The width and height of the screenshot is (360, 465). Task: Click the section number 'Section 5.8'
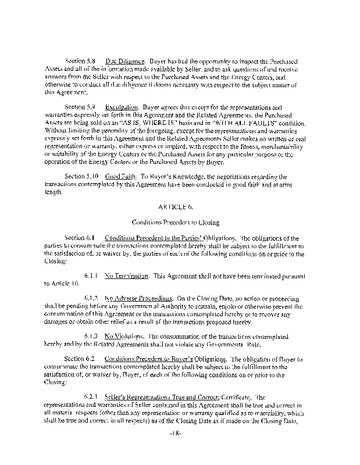(x=81, y=60)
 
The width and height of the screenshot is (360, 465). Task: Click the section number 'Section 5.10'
(x=82, y=176)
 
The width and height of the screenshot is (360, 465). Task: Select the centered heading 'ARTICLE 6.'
(x=179, y=206)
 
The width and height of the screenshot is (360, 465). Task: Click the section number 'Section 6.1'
(x=81, y=238)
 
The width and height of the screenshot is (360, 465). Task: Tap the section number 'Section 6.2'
(x=81, y=360)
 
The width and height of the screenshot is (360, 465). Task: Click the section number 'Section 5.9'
(x=81, y=108)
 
